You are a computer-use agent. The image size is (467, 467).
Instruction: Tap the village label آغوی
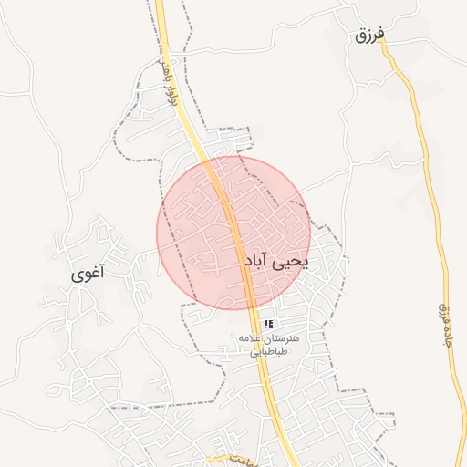(88, 272)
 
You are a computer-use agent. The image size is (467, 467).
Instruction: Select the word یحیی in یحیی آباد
(291, 262)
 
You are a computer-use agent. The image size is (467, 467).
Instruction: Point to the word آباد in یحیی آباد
(258, 262)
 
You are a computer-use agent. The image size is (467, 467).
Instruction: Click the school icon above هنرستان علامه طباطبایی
(268, 324)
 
